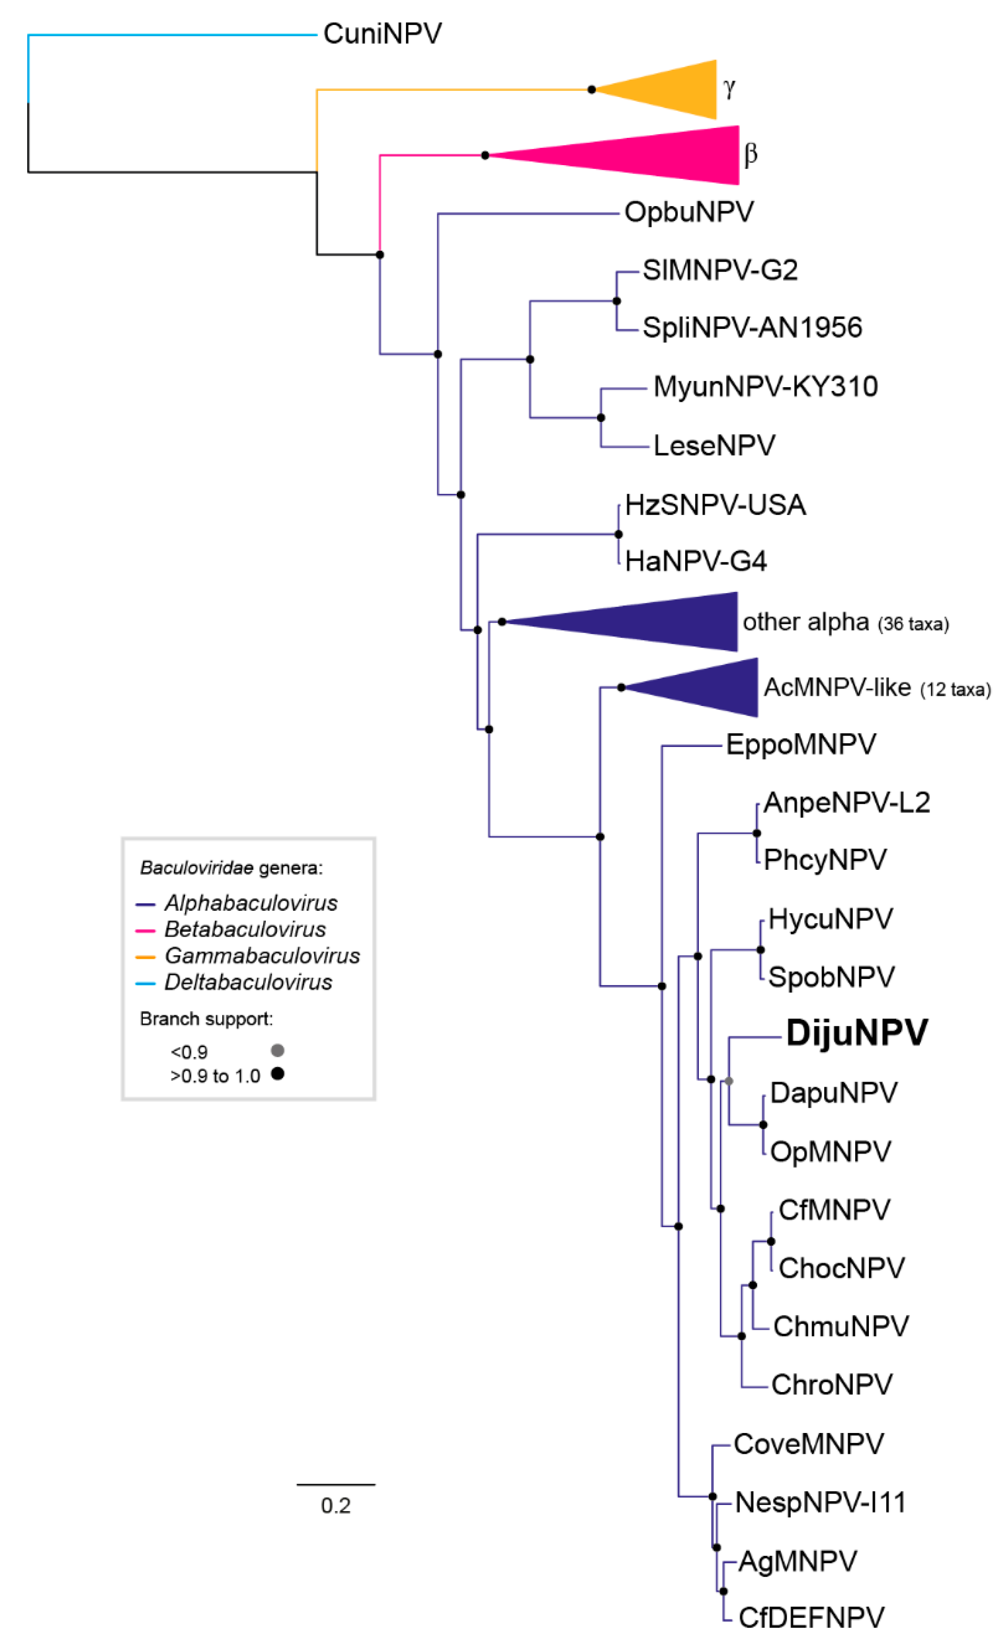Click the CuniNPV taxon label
(382, 34)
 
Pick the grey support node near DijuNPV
(729, 1081)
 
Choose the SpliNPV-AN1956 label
(752, 328)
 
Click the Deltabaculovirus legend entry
(248, 982)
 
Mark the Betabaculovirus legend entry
(245, 929)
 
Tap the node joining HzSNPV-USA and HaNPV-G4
(618, 535)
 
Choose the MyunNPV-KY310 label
(765, 386)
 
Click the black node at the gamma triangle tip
(592, 89)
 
